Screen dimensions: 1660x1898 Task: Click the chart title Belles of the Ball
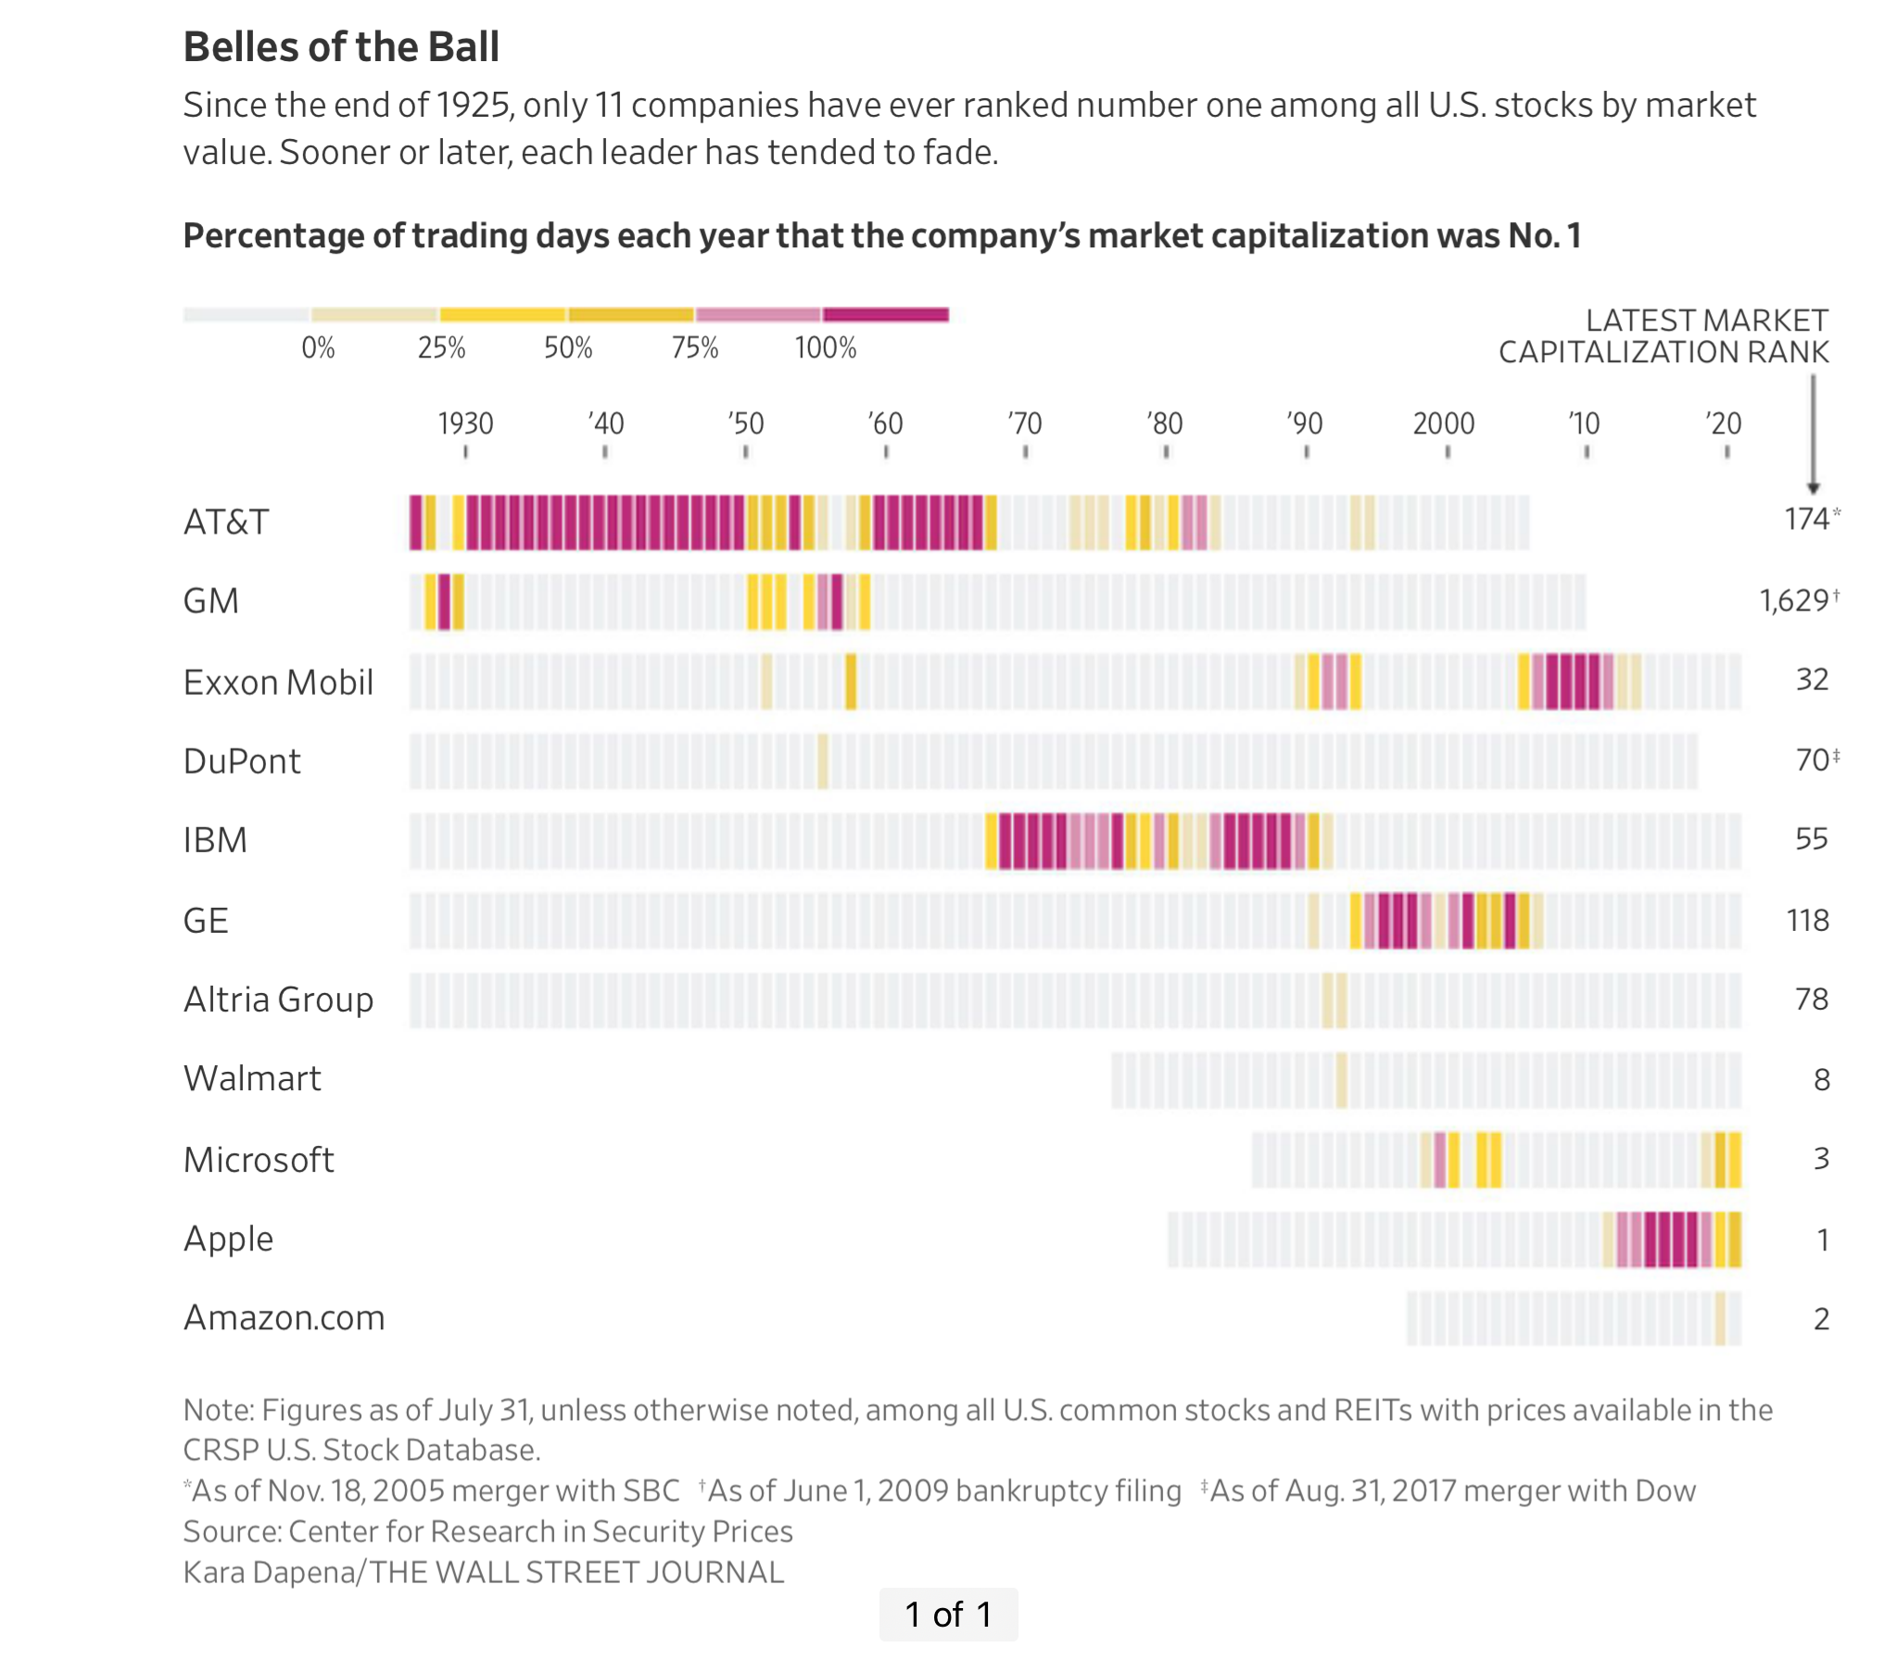pos(341,46)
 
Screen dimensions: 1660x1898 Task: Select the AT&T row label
pos(226,522)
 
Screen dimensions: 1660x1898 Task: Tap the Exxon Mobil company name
pos(278,682)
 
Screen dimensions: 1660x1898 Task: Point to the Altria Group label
pos(278,1000)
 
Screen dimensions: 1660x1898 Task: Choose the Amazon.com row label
pos(284,1317)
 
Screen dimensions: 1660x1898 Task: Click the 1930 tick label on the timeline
pos(465,423)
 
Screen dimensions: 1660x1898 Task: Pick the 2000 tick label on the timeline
pos(1443,423)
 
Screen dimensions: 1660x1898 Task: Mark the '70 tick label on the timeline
pos(1025,423)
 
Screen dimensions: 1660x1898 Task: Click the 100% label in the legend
pos(825,348)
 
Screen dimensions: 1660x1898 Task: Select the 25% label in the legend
pos(441,348)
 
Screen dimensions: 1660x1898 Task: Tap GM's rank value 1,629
pos(1794,601)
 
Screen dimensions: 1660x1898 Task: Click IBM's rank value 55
pos(1811,839)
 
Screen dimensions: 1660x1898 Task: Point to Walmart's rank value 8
pos(1821,1079)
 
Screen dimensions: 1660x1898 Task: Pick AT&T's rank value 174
pos(1806,519)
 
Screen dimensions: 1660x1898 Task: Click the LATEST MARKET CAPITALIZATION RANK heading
pos(1664,336)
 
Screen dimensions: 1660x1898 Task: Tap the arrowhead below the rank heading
pos(1814,487)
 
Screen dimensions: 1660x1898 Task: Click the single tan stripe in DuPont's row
pos(823,761)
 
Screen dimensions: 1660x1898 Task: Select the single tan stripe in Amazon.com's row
pos(1720,1318)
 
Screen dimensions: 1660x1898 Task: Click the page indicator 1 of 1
pos(948,1615)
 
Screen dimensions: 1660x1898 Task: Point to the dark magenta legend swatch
pos(886,315)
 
